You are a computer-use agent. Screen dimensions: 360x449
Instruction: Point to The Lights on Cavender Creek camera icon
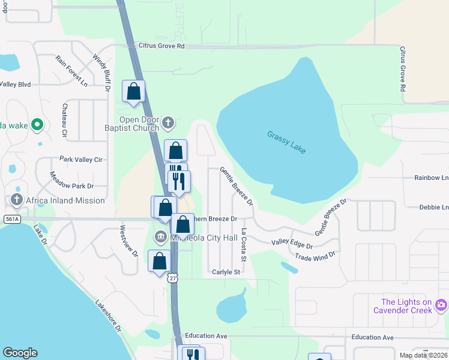(x=441, y=305)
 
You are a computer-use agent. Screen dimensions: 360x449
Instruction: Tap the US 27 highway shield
(x=173, y=278)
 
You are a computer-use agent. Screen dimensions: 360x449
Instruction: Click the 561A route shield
(x=11, y=220)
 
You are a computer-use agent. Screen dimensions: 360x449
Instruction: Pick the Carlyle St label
(x=226, y=272)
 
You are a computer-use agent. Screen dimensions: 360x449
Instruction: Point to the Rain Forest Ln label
(x=71, y=71)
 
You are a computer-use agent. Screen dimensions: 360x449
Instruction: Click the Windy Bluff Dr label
(x=101, y=72)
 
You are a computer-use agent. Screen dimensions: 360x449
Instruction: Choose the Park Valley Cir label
(x=81, y=160)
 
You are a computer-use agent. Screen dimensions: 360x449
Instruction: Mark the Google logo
(x=20, y=353)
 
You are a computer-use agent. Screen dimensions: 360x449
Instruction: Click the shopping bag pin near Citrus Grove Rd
(x=134, y=92)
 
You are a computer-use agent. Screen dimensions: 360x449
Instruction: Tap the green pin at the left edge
(x=37, y=125)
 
